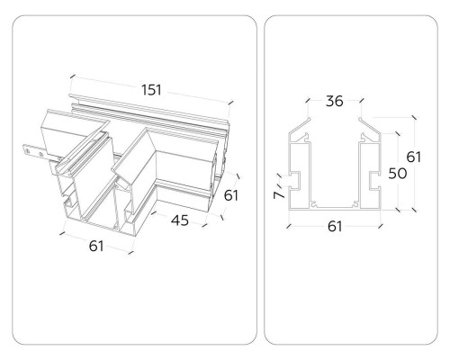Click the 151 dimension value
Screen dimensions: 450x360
[151, 90]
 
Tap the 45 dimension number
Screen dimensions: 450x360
[180, 220]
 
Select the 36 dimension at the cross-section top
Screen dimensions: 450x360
[335, 101]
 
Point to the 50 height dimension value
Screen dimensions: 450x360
[398, 174]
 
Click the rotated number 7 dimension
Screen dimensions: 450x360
[279, 194]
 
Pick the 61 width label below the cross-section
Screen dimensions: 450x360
[335, 227]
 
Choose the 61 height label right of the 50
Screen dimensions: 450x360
[414, 157]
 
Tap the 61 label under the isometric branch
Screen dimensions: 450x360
[96, 246]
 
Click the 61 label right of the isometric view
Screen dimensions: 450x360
[231, 195]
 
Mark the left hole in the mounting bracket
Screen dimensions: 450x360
[28, 151]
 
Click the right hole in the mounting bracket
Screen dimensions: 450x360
[40, 155]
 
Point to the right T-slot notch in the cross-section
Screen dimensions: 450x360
[374, 181]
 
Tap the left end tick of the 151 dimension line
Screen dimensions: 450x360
[72, 76]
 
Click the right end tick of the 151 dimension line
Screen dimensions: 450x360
[230, 103]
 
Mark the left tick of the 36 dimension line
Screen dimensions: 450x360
[308, 101]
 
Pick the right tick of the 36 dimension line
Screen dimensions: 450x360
[362, 101]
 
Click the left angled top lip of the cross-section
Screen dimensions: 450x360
[300, 126]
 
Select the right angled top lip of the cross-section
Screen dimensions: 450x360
[371, 126]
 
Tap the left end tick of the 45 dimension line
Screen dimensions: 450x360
[154, 212]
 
